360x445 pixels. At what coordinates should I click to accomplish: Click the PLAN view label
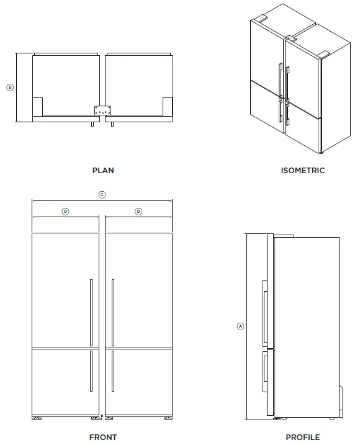(103, 170)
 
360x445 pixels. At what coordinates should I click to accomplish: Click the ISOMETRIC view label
(302, 170)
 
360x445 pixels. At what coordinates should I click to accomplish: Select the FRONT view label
(103, 437)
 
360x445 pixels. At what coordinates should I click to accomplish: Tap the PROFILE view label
(302, 437)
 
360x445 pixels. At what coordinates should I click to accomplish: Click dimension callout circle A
(240, 326)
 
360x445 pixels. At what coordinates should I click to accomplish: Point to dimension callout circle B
(9, 88)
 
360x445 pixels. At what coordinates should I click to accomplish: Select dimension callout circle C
(102, 194)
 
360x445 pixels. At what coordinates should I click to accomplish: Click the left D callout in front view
(65, 212)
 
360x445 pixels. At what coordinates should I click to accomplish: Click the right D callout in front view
(138, 212)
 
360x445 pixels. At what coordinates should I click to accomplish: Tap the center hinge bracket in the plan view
(102, 110)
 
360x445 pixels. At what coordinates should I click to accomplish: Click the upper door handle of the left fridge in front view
(91, 312)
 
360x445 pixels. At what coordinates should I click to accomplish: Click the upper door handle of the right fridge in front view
(113, 312)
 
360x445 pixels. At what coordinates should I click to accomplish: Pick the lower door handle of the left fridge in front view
(91, 371)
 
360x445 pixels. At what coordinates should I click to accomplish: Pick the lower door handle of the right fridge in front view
(113, 371)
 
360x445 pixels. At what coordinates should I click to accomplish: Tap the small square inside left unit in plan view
(37, 106)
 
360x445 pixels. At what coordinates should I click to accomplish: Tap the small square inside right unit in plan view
(168, 106)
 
